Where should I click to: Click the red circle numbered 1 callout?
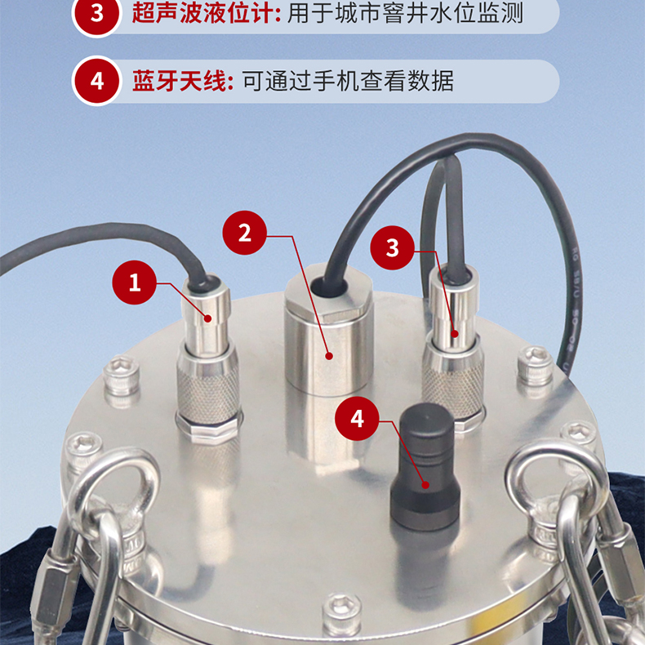[134, 282]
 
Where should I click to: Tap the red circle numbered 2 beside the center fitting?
[245, 233]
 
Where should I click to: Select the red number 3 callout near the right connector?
[393, 247]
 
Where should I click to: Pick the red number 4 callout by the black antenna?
[357, 419]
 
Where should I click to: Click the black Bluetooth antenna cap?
[425, 467]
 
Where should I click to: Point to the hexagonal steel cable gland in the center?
[329, 329]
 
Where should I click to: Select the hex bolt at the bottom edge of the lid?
[342, 614]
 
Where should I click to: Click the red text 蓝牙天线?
[180, 81]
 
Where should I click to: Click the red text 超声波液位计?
[202, 13]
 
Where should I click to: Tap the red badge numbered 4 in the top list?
[97, 81]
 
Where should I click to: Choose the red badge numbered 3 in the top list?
[97, 14]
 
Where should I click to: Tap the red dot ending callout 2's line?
[329, 356]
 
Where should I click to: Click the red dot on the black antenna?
[425, 485]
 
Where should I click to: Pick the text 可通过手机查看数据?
[348, 81]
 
